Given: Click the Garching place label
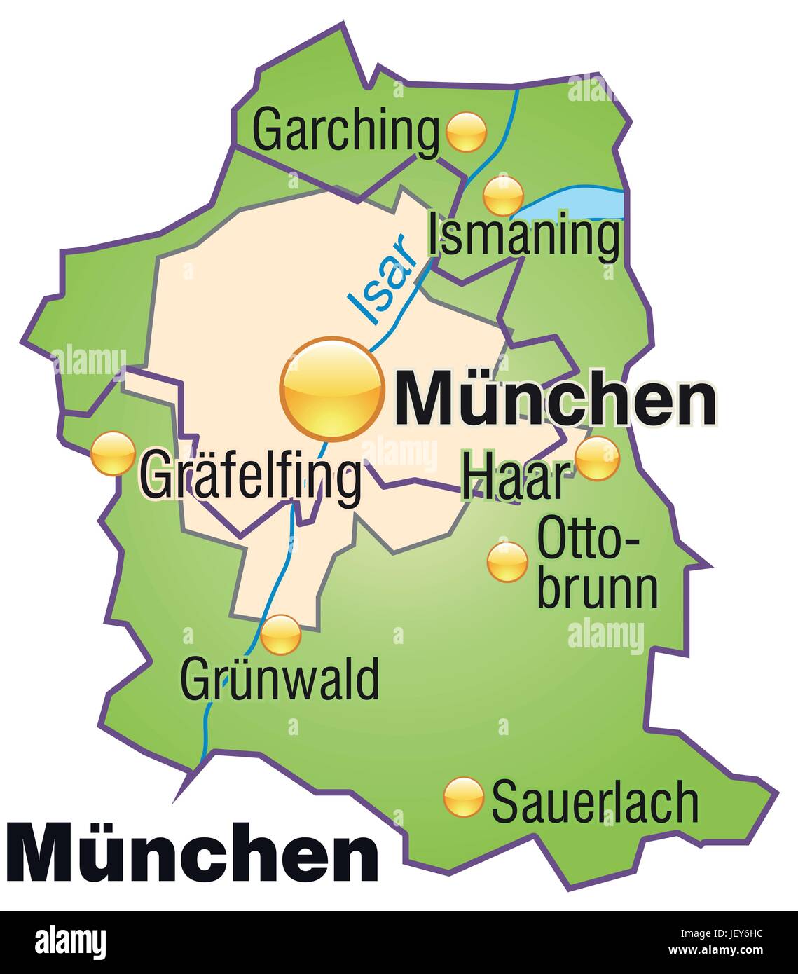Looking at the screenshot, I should click(x=346, y=130).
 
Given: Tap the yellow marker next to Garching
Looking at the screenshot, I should click(x=466, y=131).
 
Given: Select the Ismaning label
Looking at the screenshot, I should click(x=524, y=236).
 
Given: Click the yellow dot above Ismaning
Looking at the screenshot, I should click(x=503, y=195).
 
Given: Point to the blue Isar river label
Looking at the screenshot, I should click(x=382, y=281).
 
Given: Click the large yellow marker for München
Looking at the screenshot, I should click(x=332, y=389).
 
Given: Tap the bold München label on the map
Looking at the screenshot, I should click(x=556, y=399).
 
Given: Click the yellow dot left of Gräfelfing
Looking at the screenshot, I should click(x=113, y=453).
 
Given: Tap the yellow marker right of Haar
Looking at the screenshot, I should click(x=597, y=458).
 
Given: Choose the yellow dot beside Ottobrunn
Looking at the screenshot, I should click(x=507, y=561).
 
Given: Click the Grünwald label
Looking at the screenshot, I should click(x=280, y=678).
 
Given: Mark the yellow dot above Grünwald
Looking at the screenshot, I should click(x=281, y=634).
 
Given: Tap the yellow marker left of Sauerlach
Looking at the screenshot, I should click(x=464, y=797).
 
